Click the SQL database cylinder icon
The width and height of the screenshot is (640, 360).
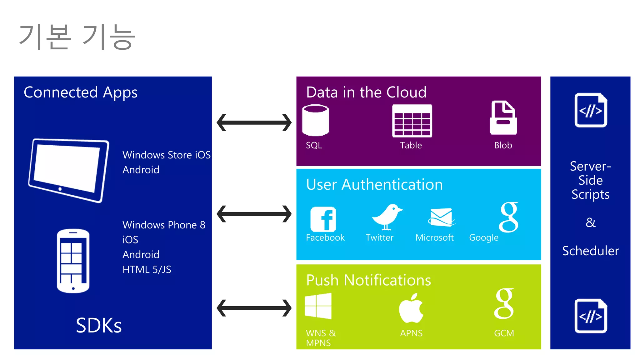point(315,120)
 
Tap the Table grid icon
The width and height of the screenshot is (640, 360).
point(412,121)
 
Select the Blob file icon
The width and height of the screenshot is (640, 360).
point(503,118)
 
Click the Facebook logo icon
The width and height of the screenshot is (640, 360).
point(323,219)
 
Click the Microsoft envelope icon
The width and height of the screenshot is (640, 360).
point(441,217)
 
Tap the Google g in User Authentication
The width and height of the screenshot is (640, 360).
point(509,217)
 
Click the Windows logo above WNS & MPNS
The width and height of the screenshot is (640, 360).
point(318,306)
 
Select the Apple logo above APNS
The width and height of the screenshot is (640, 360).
point(411,308)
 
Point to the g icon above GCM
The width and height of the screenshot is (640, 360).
point(504,303)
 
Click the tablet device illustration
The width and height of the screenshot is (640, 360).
point(69,170)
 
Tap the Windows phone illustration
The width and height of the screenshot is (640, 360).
point(73,261)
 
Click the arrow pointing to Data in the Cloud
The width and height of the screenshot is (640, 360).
point(254,122)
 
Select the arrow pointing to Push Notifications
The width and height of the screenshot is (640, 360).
point(254,308)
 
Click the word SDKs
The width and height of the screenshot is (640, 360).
point(99,325)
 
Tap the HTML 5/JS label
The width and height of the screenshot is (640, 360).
point(147,269)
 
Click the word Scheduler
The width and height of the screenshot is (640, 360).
point(590,251)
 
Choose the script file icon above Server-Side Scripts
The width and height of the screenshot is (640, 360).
point(591,110)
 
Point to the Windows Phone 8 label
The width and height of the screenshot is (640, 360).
point(164,225)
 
